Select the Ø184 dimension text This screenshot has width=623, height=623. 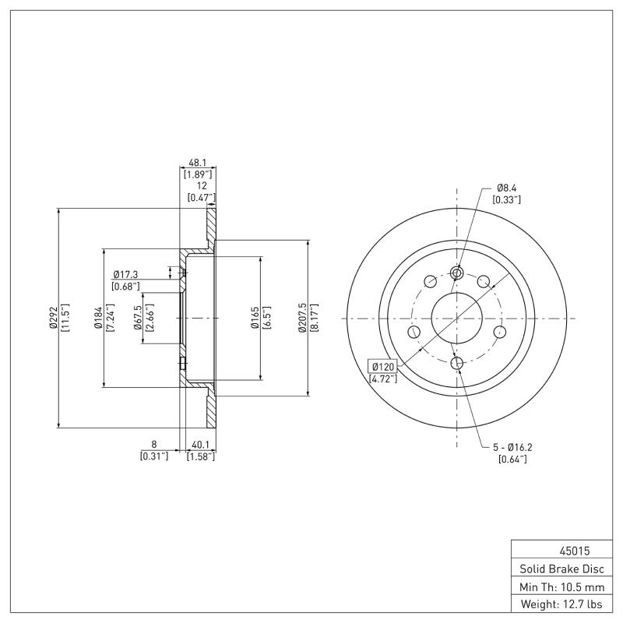pyautogui.click(x=99, y=318)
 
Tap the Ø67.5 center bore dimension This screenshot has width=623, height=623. pyautogui.click(x=137, y=318)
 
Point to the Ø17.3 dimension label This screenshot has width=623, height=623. pyautogui.click(x=125, y=275)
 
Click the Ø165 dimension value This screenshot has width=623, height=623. pyautogui.click(x=255, y=318)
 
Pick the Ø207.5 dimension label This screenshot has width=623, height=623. pyautogui.click(x=302, y=318)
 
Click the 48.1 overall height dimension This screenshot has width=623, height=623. pyautogui.click(x=198, y=164)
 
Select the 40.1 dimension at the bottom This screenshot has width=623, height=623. pyautogui.click(x=200, y=445)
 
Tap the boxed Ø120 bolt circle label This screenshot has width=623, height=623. pyautogui.click(x=383, y=366)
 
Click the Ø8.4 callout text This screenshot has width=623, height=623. pyautogui.click(x=507, y=188)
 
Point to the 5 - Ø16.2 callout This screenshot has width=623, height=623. pyautogui.click(x=512, y=447)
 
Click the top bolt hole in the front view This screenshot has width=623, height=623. pyautogui.click(x=457, y=273)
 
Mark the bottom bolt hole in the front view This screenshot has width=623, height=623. pyautogui.click(x=457, y=363)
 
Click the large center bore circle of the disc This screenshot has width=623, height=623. pyautogui.click(x=457, y=318)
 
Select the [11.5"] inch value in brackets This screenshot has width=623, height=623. pyautogui.click(x=65, y=318)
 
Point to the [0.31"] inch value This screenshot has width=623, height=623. pyautogui.click(x=153, y=456)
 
